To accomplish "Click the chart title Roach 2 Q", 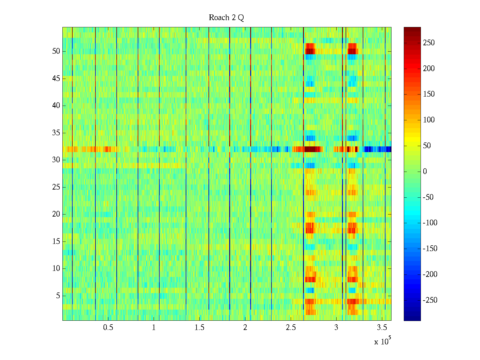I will [226, 18].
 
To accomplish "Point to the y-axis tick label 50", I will [56, 51].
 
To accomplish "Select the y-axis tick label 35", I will [56, 133].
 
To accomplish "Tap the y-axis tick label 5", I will [58, 296].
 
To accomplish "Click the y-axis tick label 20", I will [56, 214].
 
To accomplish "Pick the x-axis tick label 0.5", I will [108, 328].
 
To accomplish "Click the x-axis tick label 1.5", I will [199, 328].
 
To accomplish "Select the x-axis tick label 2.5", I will [290, 328].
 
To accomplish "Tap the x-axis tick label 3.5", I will [382, 328].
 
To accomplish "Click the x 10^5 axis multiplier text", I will [382, 341].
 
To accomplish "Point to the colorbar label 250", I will [429, 43].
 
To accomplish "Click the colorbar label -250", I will [430, 300].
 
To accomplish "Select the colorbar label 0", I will [425, 172].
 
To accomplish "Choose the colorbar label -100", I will [430, 223].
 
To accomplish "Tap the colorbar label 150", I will [429, 94].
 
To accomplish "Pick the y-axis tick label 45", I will [56, 79].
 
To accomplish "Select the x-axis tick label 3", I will [336, 328].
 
